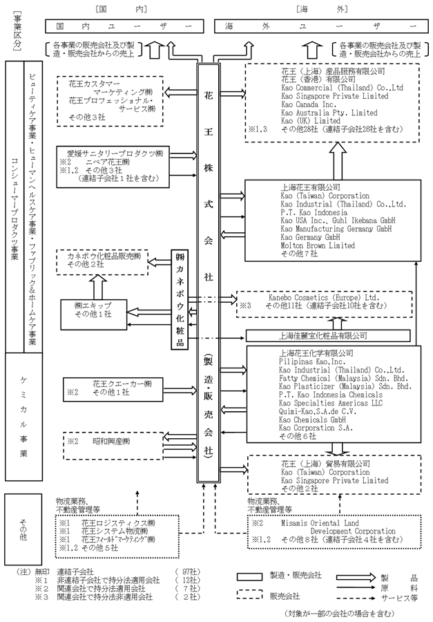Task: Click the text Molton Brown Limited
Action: pos(318,245)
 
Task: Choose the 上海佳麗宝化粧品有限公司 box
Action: pos(323,335)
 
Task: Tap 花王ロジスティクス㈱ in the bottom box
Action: pos(126,524)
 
